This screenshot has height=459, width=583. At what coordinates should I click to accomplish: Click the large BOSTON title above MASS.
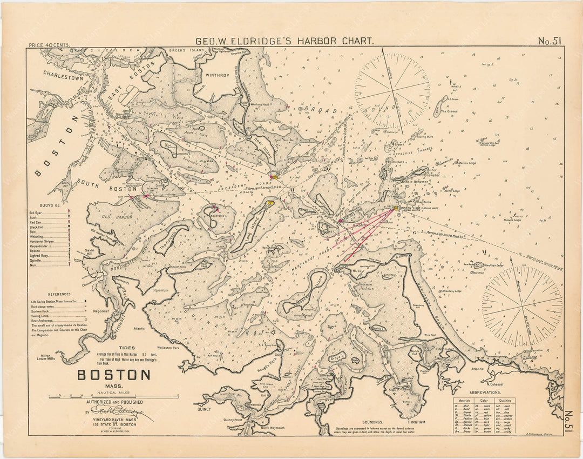coord(114,375)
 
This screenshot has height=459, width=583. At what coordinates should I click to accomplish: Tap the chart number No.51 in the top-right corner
coord(550,41)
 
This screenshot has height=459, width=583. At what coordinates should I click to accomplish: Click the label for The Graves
coord(449,111)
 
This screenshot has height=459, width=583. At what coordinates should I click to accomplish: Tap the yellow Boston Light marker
coord(396,208)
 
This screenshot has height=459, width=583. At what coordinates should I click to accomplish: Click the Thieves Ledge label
coord(513,220)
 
